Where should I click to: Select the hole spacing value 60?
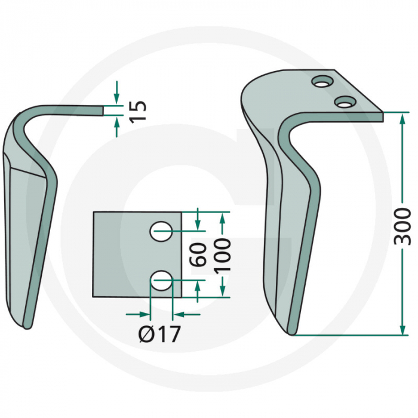[x=199, y=254]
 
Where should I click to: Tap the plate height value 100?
[x=222, y=254]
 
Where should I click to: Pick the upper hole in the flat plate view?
[x=161, y=232]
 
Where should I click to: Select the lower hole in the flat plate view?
[x=161, y=280]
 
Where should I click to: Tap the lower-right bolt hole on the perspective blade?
[x=343, y=102]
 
